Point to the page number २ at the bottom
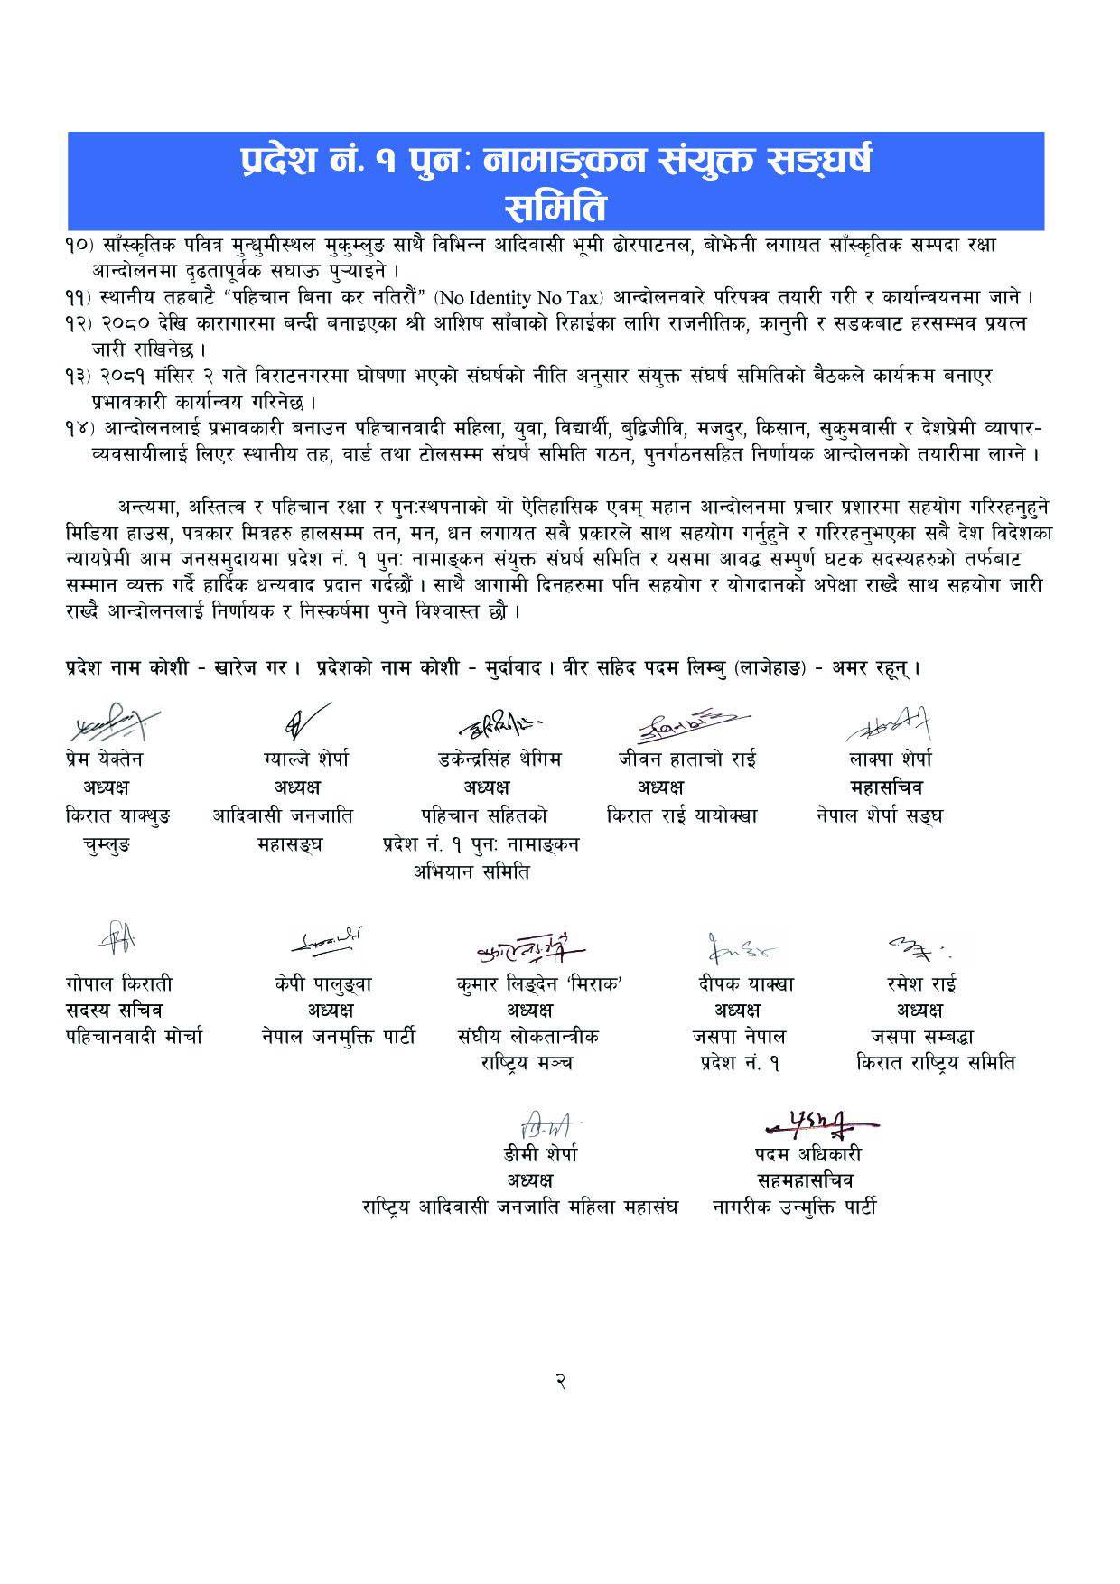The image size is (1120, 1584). pyautogui.click(x=560, y=1381)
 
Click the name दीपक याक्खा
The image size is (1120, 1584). pyautogui.click(x=740, y=983)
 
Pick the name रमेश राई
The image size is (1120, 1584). pyautogui.click(x=921, y=983)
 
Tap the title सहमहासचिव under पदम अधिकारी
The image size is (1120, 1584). pyautogui.click(x=807, y=1180)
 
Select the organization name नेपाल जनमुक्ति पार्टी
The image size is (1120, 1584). pyautogui.click(x=337, y=1036)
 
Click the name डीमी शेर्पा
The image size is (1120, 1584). pyautogui.click(x=540, y=1154)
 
